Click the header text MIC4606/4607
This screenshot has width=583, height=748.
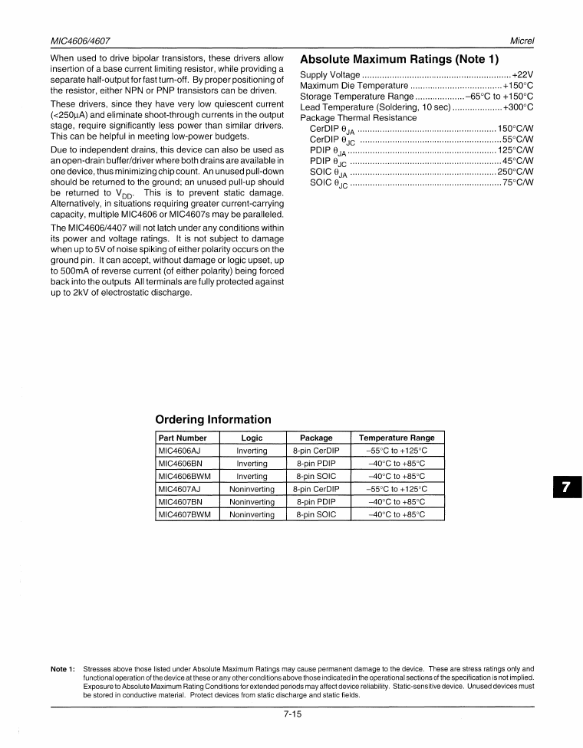pos(81,39)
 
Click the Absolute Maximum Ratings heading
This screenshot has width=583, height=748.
pos(399,59)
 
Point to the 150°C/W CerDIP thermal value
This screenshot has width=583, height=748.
pos(515,128)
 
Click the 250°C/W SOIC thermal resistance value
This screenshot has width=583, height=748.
pos(515,172)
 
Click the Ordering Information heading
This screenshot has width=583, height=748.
pos(213,419)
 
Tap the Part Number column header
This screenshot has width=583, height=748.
pos(182,438)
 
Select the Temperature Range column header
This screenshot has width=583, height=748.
pos(397,438)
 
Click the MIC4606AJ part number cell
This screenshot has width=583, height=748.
pos(179,451)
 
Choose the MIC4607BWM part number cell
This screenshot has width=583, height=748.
pos(184,514)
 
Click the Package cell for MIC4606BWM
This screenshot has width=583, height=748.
pos(316,476)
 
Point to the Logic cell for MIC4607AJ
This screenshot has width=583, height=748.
pos(252,489)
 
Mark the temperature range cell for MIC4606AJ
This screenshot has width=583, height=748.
pos(397,451)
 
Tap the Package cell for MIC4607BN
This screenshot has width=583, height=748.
pos(316,502)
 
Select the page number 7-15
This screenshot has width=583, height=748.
pos(291,716)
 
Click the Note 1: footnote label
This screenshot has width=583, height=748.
pos(62,669)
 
